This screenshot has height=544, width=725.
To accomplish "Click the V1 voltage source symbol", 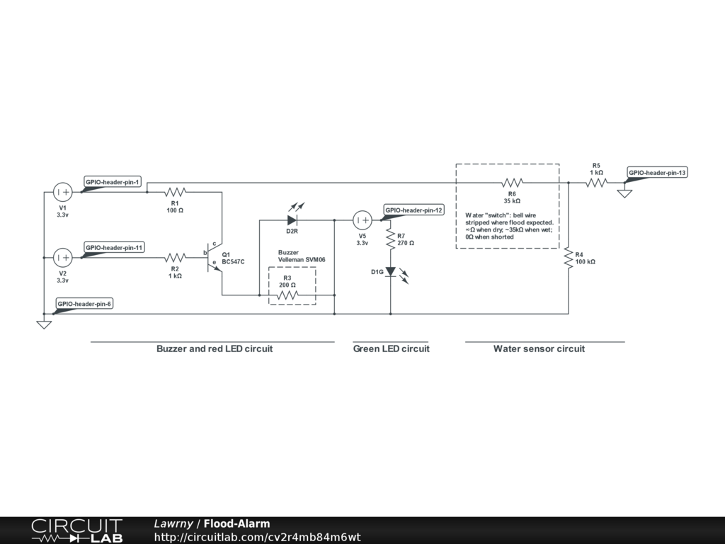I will click(x=62, y=192).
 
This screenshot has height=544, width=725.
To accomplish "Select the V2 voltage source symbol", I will click(x=62, y=257).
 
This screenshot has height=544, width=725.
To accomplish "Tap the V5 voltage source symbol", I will click(x=362, y=220).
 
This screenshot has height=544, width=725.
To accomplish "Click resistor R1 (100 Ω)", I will click(x=174, y=192).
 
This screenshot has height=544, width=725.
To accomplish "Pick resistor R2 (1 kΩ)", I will click(x=174, y=257).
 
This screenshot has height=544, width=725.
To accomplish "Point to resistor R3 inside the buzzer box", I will click(x=287, y=295).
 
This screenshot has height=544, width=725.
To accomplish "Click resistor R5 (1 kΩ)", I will click(x=596, y=183).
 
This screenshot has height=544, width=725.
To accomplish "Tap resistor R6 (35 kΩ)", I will click(x=512, y=183).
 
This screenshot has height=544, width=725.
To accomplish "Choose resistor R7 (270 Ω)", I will click(x=390, y=239).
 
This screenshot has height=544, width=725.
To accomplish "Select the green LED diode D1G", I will click(x=390, y=271).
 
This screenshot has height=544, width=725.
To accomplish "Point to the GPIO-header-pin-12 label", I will click(x=414, y=210).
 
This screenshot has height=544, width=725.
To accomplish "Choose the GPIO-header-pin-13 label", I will click(x=657, y=172).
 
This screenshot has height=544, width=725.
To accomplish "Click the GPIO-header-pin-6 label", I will click(x=85, y=303).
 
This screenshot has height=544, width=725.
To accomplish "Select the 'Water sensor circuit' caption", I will click(x=539, y=348).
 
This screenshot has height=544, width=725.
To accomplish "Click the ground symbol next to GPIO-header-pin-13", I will click(x=624, y=193).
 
